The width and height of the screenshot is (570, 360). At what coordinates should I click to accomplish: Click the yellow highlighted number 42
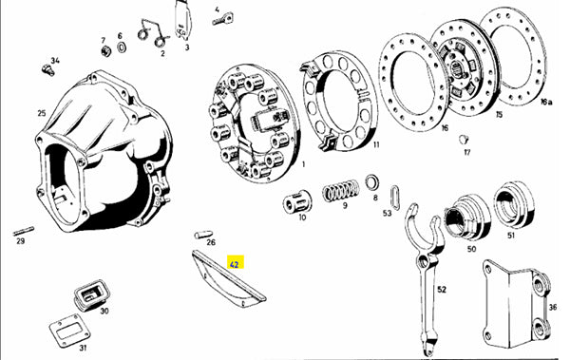click(x=235, y=264)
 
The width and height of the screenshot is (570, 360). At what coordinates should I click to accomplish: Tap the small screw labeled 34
click(x=47, y=69)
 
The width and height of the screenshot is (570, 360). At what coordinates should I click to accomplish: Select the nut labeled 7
click(x=105, y=51)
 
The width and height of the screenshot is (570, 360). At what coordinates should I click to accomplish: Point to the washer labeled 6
click(x=122, y=47)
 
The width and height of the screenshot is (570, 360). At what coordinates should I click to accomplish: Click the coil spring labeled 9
click(x=341, y=190)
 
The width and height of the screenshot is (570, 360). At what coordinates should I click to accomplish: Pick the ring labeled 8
click(x=371, y=182)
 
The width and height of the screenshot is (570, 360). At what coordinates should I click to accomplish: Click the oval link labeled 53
click(x=395, y=198)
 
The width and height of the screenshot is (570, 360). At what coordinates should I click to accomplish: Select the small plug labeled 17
click(x=464, y=140)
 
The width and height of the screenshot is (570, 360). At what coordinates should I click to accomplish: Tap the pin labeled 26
click(x=203, y=234)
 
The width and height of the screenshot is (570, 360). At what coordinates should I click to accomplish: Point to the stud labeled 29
click(x=24, y=231)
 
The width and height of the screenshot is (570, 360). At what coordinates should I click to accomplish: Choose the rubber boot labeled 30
click(x=92, y=294)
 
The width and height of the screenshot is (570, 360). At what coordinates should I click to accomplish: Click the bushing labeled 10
click(x=297, y=201)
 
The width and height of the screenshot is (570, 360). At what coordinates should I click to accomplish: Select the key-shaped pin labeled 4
click(x=222, y=20)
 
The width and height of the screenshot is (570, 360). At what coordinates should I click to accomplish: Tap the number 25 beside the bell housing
click(x=42, y=113)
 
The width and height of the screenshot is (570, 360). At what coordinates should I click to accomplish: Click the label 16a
click(x=546, y=103)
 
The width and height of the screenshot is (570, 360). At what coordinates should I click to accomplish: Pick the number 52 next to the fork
click(x=442, y=290)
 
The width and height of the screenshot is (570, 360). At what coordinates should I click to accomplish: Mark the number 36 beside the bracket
click(x=553, y=308)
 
